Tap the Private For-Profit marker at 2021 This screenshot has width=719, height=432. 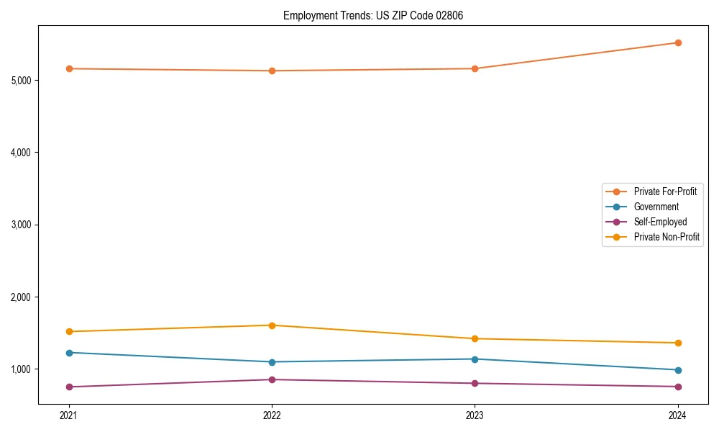pyautogui.click(x=69, y=68)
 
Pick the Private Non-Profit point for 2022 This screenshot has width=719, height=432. pyautogui.click(x=272, y=325)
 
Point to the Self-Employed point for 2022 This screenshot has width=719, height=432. pyautogui.click(x=272, y=379)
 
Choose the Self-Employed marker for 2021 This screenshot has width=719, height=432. pyautogui.click(x=69, y=387)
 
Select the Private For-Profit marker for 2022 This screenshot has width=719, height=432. pyautogui.click(x=272, y=71)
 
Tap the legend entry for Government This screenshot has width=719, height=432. pyautogui.click(x=656, y=207)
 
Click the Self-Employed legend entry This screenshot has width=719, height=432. pyautogui.click(x=660, y=222)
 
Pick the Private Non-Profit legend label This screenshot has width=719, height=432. pyautogui.click(x=667, y=237)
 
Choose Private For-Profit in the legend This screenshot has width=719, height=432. pyautogui.click(x=665, y=192)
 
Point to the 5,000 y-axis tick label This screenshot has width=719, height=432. pyautogui.click(x=22, y=80)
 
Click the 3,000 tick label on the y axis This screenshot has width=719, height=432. pyautogui.click(x=22, y=225)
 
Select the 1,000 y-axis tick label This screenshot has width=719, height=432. pyautogui.click(x=22, y=369)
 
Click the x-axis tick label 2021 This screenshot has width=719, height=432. pyautogui.click(x=69, y=415)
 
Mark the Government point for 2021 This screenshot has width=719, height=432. pyautogui.click(x=69, y=353)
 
